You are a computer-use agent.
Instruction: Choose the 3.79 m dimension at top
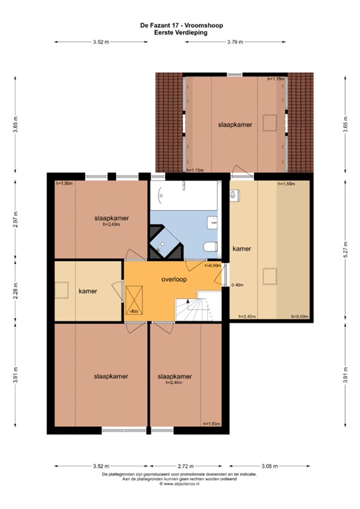(234, 42)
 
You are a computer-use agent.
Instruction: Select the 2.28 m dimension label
(15, 291)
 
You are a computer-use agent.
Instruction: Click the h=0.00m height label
(300, 317)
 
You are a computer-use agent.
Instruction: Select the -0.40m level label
(237, 286)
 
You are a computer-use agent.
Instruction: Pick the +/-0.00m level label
(213, 265)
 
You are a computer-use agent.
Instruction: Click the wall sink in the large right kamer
(234, 196)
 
